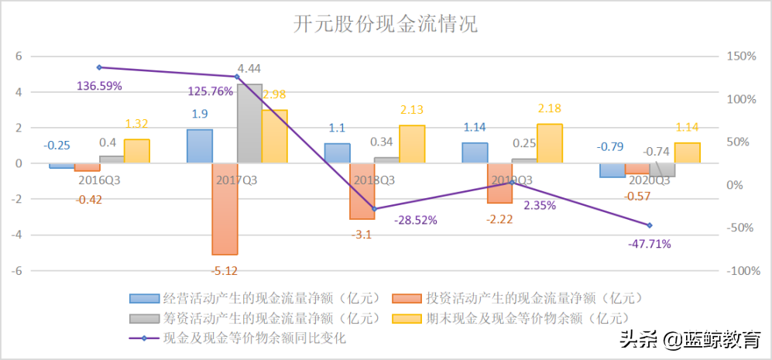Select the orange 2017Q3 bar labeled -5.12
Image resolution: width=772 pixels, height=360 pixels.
(225, 209)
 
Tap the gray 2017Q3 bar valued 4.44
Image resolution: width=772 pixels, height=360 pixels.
(249, 123)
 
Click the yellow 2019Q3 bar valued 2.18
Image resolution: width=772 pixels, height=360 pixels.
(550, 143)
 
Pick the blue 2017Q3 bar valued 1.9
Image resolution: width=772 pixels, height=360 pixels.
(200, 146)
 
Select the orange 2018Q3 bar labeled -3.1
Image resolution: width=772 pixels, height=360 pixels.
(362, 191)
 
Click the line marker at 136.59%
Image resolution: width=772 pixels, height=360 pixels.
(99, 67)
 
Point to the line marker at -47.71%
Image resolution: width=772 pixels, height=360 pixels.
(650, 225)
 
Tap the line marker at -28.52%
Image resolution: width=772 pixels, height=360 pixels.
(375, 209)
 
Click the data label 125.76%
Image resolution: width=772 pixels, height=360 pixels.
(211, 91)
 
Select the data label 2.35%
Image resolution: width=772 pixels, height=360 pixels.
(540, 206)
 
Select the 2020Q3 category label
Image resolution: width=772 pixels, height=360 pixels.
(648, 180)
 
